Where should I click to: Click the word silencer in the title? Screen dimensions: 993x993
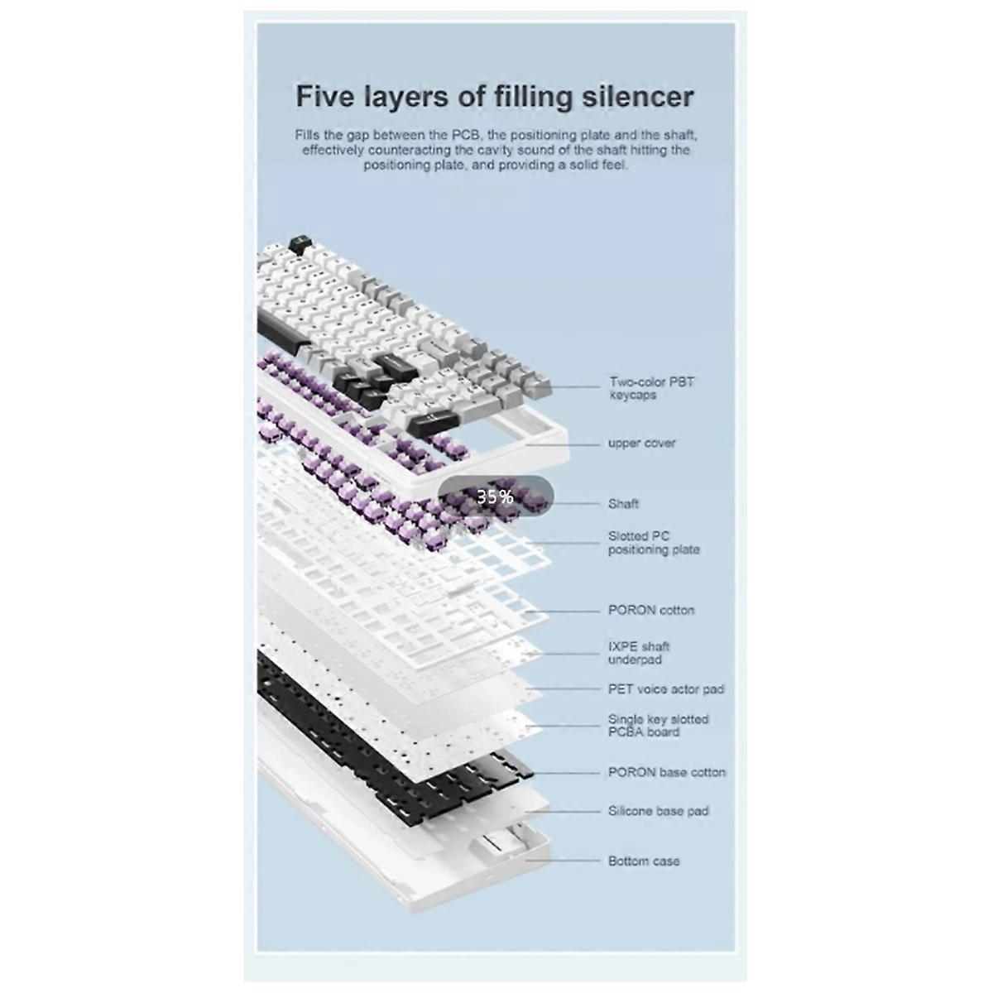coord(638,96)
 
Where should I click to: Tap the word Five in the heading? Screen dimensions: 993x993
coord(325,96)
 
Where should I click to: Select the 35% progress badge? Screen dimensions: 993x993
coord(496,496)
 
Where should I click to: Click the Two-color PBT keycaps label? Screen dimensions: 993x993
coord(652,389)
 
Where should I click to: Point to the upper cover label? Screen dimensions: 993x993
coord(641,444)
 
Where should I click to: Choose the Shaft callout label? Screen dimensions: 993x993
coord(623,504)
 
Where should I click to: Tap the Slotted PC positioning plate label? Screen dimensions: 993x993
coord(654,543)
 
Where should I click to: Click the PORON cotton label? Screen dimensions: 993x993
coord(651,610)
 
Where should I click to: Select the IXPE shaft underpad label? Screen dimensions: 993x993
coord(639,653)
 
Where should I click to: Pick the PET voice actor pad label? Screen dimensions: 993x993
coord(666,689)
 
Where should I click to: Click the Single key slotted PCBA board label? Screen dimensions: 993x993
coord(658,726)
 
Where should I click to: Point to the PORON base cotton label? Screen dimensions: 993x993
coord(667,772)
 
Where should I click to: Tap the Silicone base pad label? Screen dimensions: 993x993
coord(659,811)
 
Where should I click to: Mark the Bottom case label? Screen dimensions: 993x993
coord(644,861)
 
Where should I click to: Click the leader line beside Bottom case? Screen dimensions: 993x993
coord(563,861)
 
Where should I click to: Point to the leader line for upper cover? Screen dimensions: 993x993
coord(563,444)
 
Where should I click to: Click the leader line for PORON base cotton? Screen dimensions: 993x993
coord(566,773)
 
